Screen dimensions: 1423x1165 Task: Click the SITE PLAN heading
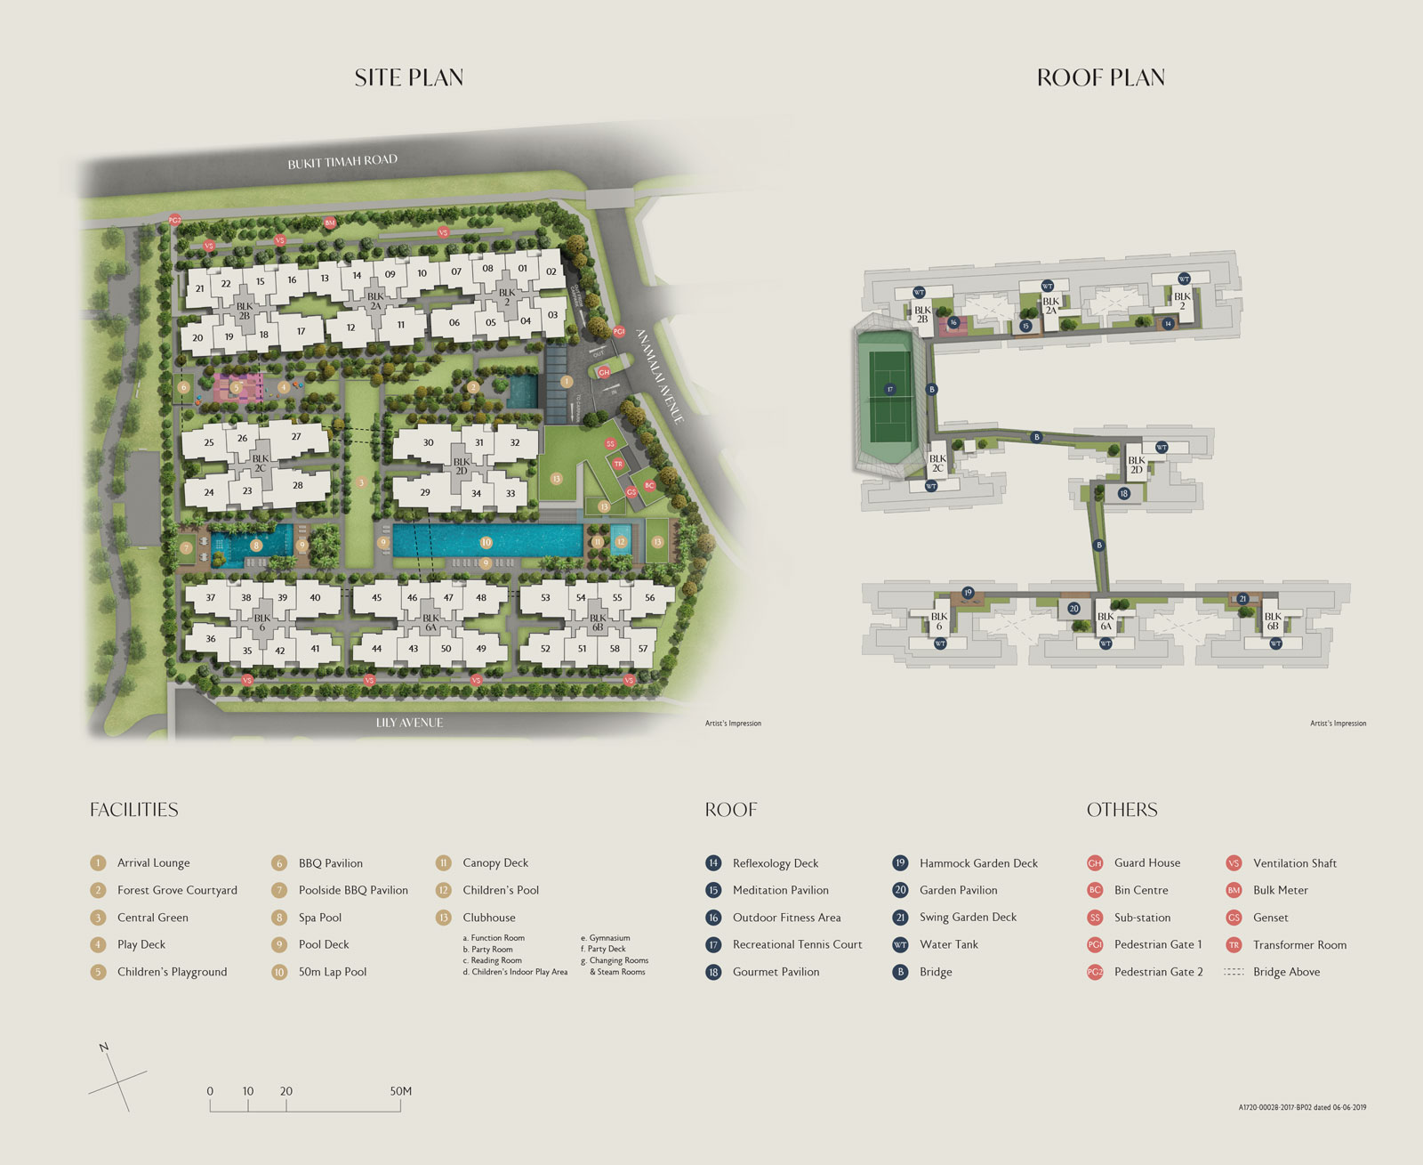click(x=408, y=78)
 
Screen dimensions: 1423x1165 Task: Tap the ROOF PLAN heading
click(x=1100, y=78)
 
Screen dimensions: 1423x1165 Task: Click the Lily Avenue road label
click(x=409, y=723)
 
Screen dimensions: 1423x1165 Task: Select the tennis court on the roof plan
click(x=889, y=397)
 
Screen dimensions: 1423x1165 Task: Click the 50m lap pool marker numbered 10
click(x=486, y=542)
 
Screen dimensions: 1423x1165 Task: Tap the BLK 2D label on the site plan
click(x=461, y=466)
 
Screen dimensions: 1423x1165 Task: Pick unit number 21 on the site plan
click(x=199, y=288)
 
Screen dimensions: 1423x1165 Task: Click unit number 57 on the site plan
click(x=643, y=649)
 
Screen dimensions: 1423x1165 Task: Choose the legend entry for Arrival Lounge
click(x=153, y=862)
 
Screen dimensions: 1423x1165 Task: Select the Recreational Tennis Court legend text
click(x=797, y=944)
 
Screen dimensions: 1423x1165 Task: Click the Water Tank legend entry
click(x=948, y=944)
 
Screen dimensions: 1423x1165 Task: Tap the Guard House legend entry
click(x=1146, y=862)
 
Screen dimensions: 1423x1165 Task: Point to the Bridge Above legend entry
click(x=1286, y=972)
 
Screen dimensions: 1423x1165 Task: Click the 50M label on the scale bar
click(x=400, y=1091)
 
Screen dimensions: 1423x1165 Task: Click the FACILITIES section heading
click(x=133, y=810)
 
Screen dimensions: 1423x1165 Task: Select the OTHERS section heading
click(x=1122, y=810)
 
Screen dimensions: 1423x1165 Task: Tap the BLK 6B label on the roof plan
click(x=1273, y=621)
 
